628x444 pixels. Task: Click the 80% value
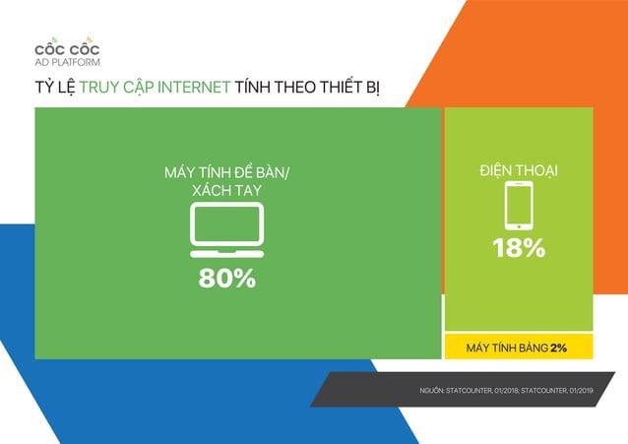[x=227, y=279]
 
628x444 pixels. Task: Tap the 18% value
[x=519, y=249]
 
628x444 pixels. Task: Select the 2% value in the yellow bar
[x=558, y=348]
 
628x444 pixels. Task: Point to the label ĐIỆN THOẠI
[x=518, y=171]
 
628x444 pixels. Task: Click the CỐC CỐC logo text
[x=66, y=49]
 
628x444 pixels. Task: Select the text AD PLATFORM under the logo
[x=67, y=62]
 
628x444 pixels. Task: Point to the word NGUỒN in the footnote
[x=432, y=391]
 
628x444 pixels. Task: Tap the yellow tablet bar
[x=519, y=348]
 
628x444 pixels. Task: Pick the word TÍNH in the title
[x=255, y=88]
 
